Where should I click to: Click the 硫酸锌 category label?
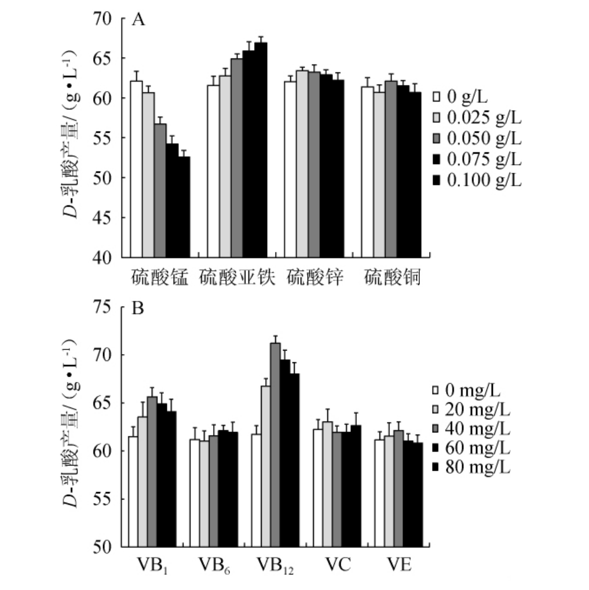pos(316,278)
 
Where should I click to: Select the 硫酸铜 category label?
pos(392,278)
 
